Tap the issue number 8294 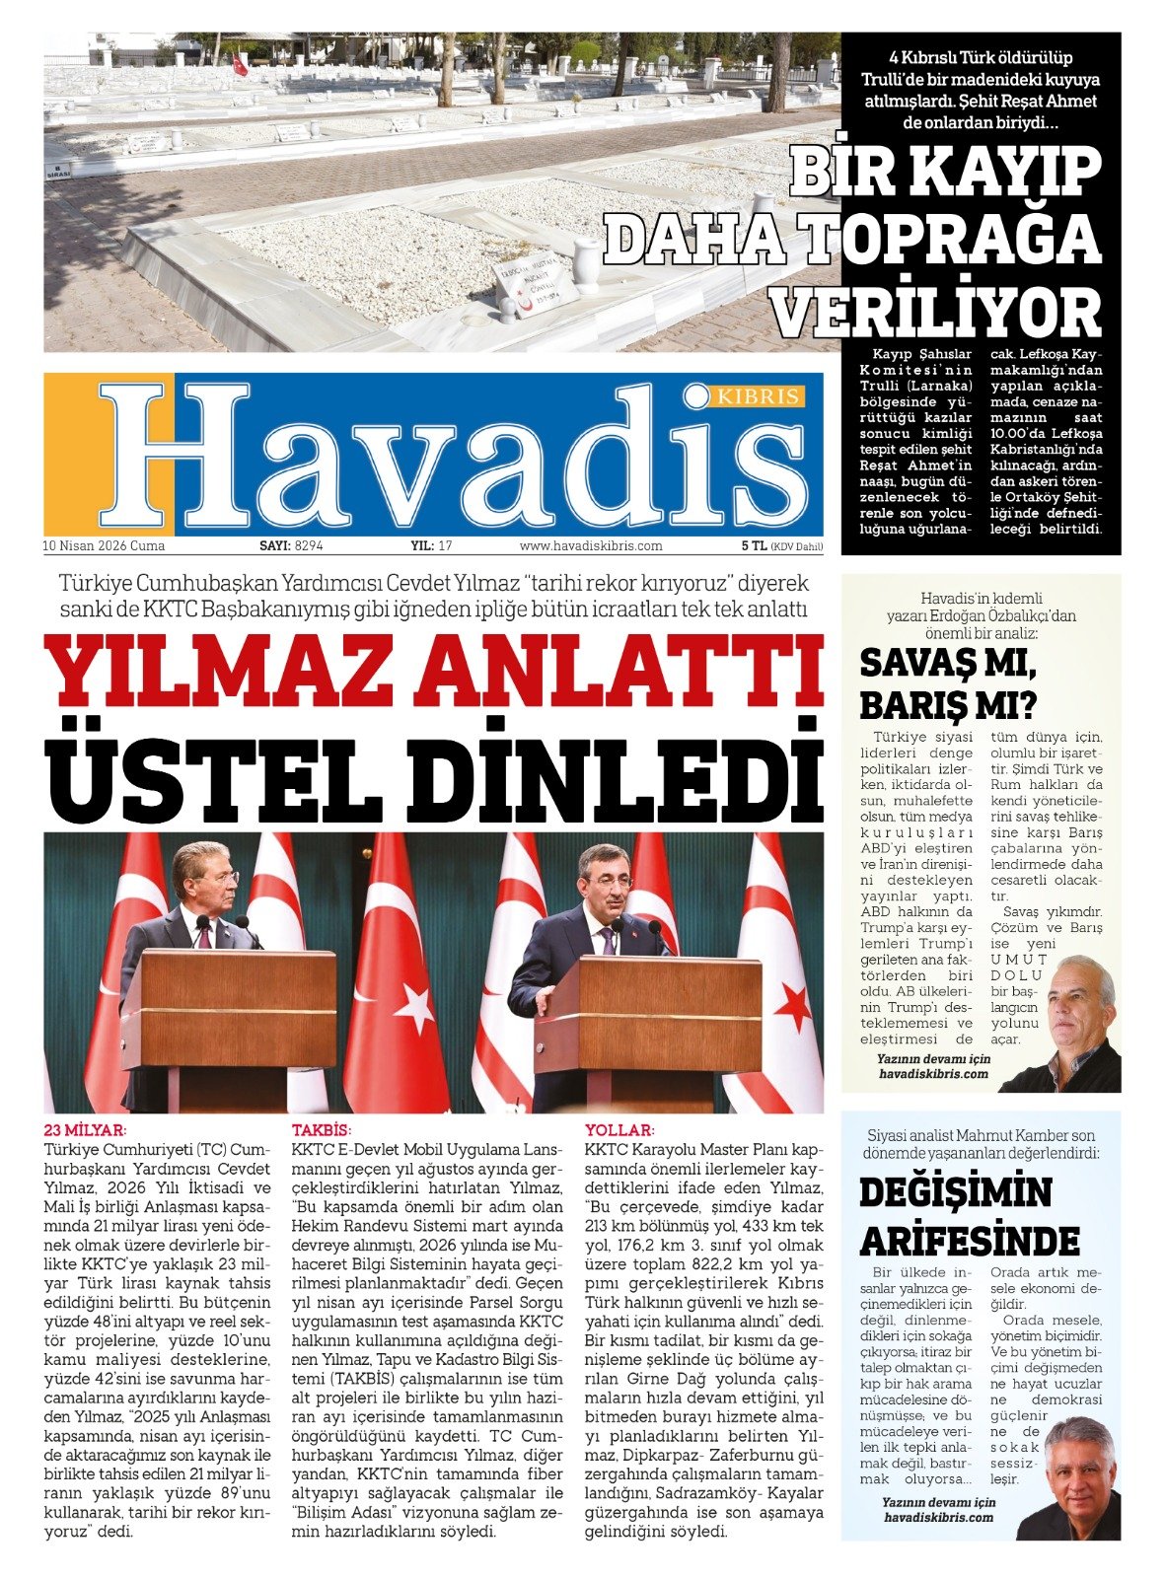tap(309, 545)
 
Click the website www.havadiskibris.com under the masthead tap(591, 545)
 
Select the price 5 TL tap(754, 545)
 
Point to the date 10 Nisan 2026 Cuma tap(104, 545)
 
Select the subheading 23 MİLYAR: tap(86, 1130)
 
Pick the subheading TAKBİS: tap(322, 1130)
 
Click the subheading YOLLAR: tap(619, 1130)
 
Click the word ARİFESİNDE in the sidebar tap(970, 1240)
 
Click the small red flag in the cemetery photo tap(240, 64)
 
